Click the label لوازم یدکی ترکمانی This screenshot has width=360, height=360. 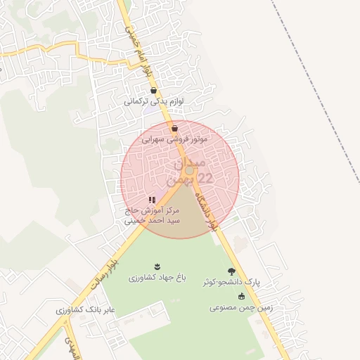coord(154,101)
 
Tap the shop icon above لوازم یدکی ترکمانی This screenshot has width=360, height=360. coord(154,91)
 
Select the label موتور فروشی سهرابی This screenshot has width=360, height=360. coord(174,139)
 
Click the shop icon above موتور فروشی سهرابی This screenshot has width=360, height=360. coord(174,128)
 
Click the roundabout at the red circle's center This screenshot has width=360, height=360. coord(189,171)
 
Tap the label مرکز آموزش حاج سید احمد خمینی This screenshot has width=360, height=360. coord(153,215)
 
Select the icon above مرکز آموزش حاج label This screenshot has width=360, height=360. coord(153,200)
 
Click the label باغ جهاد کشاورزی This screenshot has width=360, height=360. coord(157,278)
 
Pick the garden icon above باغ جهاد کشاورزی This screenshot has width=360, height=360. coord(157,266)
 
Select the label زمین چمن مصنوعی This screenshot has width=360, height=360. coord(240,307)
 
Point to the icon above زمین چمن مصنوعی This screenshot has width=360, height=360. coord(241,296)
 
